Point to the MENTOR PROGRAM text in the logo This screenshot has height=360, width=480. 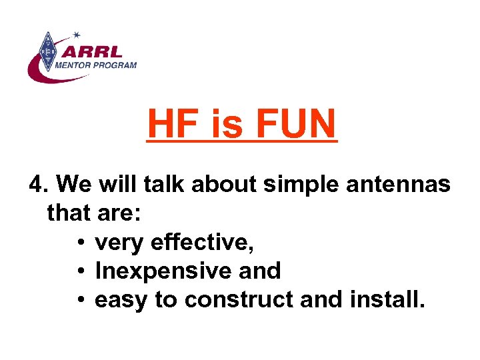click(95, 65)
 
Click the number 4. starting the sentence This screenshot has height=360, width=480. click(39, 184)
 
